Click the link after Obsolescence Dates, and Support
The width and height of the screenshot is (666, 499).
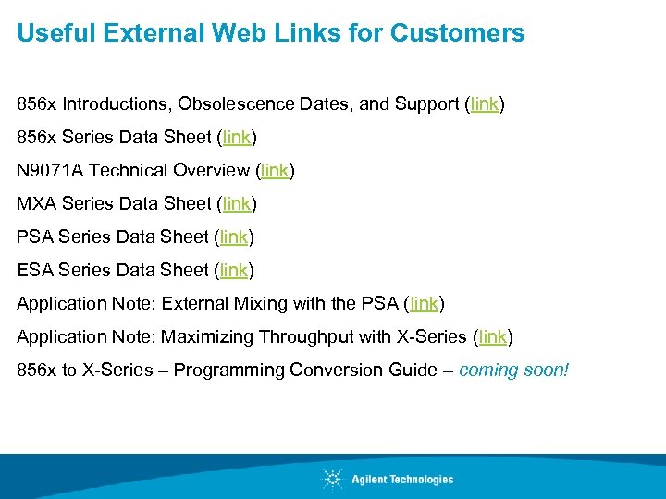tap(485, 103)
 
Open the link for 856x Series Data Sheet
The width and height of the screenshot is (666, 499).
tap(236, 137)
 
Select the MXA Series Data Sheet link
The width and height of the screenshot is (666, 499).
tap(236, 203)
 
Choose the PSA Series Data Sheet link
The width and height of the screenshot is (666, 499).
tap(233, 237)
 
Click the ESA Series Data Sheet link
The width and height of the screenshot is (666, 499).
tap(233, 270)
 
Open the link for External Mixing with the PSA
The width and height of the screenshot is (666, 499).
tap(424, 303)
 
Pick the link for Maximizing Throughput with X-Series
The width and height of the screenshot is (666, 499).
tap(492, 336)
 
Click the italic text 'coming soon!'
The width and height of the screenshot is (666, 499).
tap(514, 370)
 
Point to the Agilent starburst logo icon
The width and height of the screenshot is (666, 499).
tap(332, 479)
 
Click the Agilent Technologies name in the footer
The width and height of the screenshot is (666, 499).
tap(402, 479)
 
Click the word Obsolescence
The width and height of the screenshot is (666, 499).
tap(236, 103)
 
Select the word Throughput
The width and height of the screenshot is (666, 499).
tap(304, 336)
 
